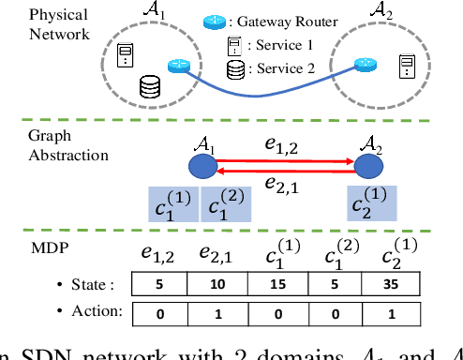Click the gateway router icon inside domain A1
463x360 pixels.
(x=175, y=67)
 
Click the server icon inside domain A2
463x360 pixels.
(x=407, y=65)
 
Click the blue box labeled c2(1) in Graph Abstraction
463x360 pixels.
(x=371, y=203)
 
